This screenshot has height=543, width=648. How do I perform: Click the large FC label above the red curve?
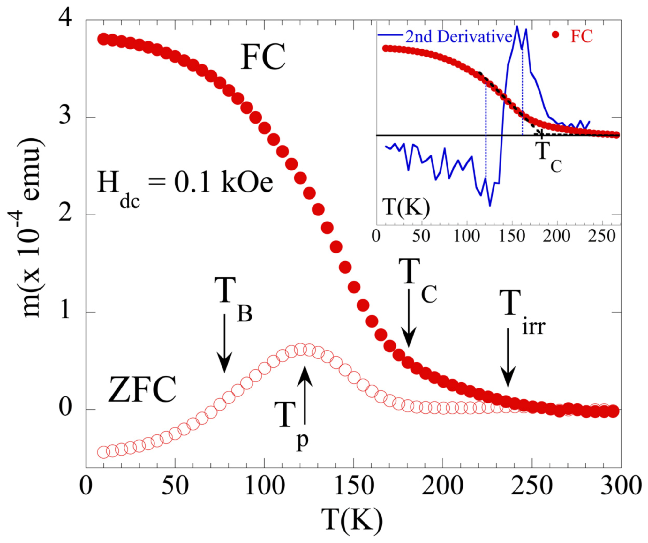[262, 57]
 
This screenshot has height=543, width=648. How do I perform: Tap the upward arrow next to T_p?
[305, 396]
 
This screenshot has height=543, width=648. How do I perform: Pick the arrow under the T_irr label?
[508, 358]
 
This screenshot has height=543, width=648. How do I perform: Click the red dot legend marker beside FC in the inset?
[555, 35]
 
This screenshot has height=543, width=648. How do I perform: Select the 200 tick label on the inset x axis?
[557, 236]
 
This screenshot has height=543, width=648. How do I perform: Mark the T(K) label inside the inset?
[406, 207]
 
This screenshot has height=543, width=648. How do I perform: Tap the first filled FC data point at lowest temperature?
[103, 40]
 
